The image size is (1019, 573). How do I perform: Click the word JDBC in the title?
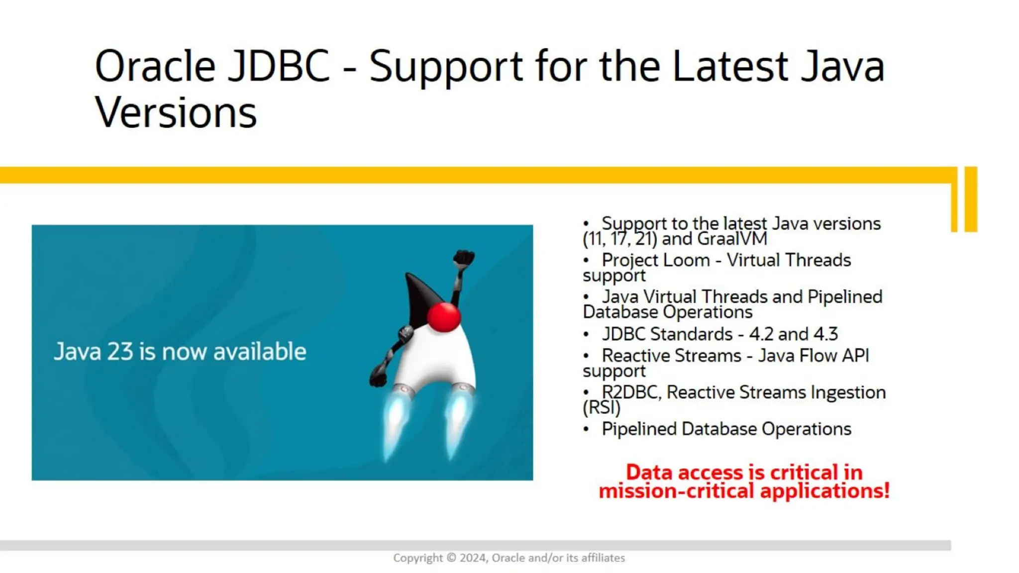coord(278,66)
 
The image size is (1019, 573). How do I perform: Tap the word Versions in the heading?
coord(176,113)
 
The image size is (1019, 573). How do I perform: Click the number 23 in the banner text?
coord(120,352)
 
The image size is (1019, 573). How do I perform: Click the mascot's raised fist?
coord(464,258)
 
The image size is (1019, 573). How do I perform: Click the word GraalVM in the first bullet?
coord(732,239)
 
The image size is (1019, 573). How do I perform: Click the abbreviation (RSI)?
coord(602,408)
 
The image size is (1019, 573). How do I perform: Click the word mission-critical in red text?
coord(676,491)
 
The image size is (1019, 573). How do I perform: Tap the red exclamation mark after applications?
coord(886,490)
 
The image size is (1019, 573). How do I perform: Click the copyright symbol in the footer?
coord(451,558)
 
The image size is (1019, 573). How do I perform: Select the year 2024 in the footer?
coord(473,558)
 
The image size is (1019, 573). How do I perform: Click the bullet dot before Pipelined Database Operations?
coord(586,429)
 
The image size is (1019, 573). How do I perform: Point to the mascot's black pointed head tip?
coord(408,276)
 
